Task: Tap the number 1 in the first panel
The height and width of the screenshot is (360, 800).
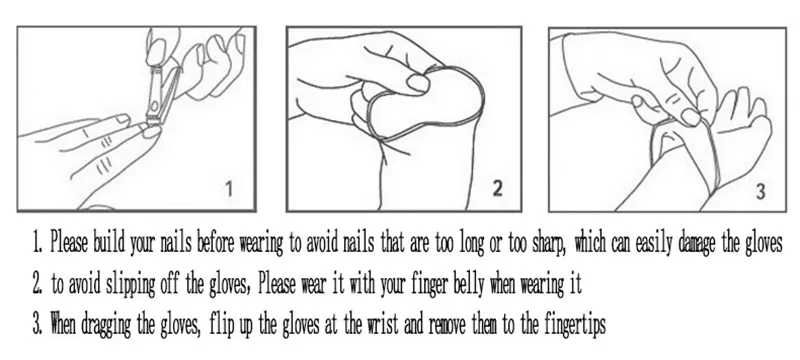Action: pyautogui.click(x=229, y=190)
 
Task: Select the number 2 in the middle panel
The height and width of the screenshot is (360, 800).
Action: pyautogui.click(x=497, y=189)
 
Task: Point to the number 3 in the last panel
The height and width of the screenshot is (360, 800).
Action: pyautogui.click(x=760, y=192)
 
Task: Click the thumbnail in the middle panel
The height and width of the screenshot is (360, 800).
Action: pyautogui.click(x=418, y=83)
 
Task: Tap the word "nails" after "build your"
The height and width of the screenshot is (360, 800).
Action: pyautogui.click(x=176, y=242)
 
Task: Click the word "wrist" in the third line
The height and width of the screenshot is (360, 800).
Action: pyautogui.click(x=383, y=323)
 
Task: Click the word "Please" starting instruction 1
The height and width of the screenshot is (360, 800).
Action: pyautogui.click(x=69, y=242)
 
